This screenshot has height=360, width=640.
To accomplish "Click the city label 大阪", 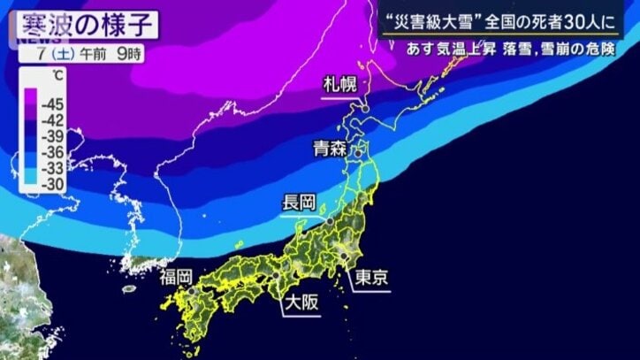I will [300, 304].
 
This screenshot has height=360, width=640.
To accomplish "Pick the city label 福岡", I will [177, 278].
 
